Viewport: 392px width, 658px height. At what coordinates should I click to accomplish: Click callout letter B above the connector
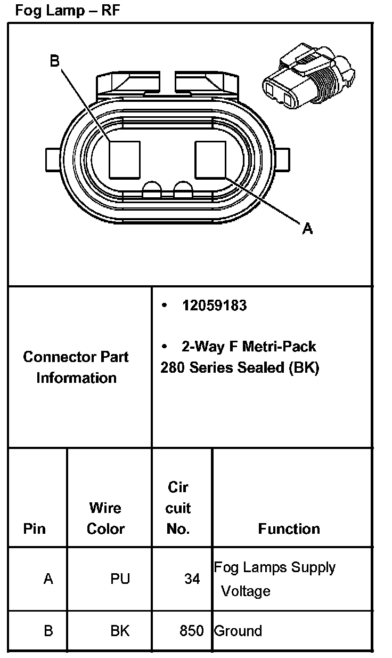pos(55,61)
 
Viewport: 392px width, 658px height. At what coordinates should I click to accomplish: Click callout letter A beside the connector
pos(307,229)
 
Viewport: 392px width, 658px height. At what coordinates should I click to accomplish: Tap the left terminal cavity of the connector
pos(125,159)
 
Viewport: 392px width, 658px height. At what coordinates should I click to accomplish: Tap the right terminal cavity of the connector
pos(211,159)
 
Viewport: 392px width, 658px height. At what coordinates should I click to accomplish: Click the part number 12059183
pos(214,306)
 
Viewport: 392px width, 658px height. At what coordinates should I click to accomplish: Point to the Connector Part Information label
pos(76,367)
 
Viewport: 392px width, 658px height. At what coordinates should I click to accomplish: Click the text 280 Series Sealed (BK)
pos(240,368)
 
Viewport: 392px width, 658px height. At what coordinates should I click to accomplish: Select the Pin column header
pos(35,529)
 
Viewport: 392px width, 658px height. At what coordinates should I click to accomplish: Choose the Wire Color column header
pos(105,518)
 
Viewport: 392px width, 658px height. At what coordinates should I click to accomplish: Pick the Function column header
pos(289,529)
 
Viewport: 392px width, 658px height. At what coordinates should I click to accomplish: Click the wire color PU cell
pos(120,579)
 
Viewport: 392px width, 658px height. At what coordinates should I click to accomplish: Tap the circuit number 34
pos(192,579)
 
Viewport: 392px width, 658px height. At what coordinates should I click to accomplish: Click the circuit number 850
pos(191,631)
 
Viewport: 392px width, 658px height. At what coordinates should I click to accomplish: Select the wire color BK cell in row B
pos(120,631)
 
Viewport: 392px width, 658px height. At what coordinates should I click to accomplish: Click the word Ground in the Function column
pos(238,631)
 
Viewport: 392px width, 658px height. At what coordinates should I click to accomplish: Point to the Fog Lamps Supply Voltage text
pos(274,579)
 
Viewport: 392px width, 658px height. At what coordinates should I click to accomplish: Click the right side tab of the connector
pos(283,160)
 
